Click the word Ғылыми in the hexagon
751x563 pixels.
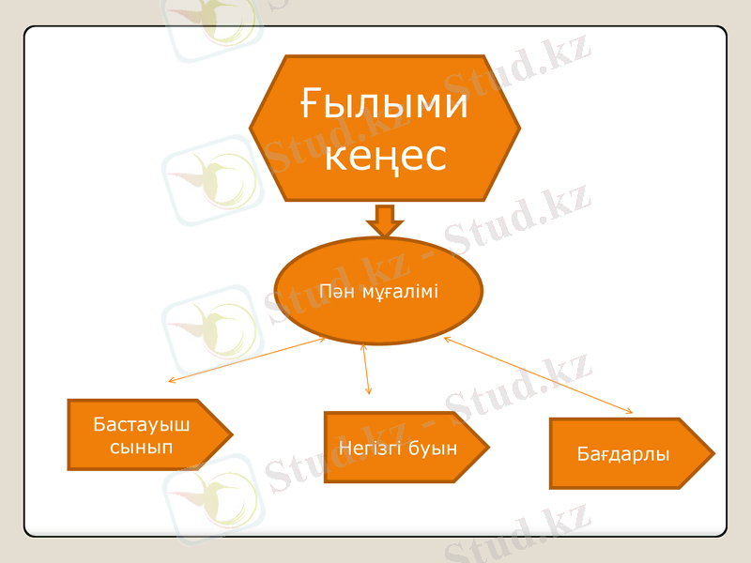pos(385,103)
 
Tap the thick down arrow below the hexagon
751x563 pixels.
pos(384,221)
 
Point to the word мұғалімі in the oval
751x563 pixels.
pos(398,292)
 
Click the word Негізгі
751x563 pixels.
pos(369,448)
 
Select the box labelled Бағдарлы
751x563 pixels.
pos(630,454)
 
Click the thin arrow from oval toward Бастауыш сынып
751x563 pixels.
pos(247,359)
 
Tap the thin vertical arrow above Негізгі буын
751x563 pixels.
pos(366,369)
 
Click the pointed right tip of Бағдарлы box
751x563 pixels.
pos(713,454)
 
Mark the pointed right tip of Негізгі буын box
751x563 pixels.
pos(488,448)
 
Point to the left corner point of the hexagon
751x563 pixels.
pos(251,129)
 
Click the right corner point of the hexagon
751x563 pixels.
pos(519,129)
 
